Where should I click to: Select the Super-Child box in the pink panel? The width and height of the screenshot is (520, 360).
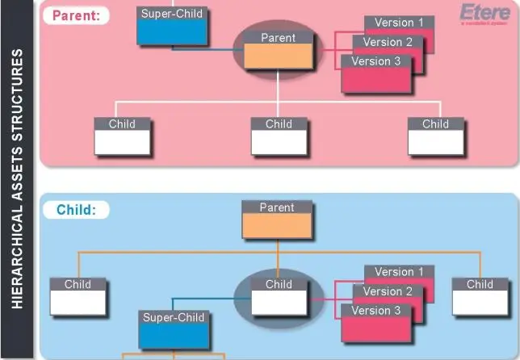(172, 26)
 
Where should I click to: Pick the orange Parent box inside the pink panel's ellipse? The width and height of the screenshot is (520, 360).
(278, 50)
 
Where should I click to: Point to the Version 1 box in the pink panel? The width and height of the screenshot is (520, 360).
(399, 23)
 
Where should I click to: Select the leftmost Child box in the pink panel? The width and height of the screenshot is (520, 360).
(122, 137)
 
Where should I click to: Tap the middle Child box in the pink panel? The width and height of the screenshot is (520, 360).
(279, 137)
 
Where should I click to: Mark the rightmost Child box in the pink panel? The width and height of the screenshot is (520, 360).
(435, 137)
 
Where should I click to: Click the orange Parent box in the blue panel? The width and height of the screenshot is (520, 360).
(277, 220)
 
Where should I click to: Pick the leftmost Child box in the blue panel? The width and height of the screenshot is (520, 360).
(78, 297)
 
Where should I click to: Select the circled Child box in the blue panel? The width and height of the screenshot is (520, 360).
(279, 297)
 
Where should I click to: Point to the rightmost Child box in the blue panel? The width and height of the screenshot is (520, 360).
(480, 297)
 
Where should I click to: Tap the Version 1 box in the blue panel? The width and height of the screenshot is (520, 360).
(399, 272)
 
